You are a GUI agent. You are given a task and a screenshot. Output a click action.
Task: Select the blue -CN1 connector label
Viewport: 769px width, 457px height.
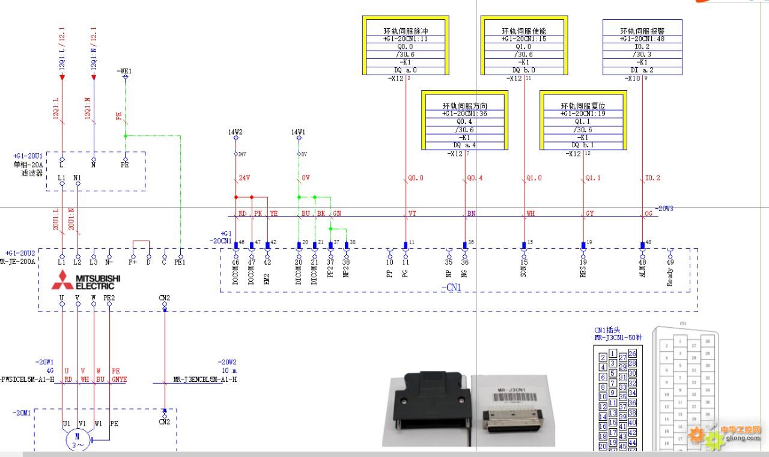tap(452, 288)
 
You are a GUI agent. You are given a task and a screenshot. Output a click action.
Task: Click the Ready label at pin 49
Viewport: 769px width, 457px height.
tap(670, 277)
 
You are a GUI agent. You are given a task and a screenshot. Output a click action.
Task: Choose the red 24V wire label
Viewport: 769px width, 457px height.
tap(245, 178)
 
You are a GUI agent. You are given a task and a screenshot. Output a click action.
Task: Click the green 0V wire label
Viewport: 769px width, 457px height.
tap(306, 178)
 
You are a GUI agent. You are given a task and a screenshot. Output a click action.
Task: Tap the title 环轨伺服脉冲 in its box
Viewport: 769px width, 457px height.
tap(406, 31)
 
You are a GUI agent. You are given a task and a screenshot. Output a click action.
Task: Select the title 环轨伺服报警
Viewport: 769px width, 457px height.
tap(642, 31)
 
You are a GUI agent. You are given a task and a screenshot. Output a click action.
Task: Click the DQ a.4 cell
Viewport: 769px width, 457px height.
tap(464, 145)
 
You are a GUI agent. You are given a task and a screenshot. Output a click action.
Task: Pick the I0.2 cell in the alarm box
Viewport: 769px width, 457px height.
tap(642, 46)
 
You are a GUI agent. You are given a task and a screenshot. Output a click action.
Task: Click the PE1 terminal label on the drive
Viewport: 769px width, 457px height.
tap(180, 262)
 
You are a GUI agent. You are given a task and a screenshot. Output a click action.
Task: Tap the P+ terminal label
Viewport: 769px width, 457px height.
tap(133, 262)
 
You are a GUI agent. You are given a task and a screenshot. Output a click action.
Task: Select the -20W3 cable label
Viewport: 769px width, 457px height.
tap(664, 209)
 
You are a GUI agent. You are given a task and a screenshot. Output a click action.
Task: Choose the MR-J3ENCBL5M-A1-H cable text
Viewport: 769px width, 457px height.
tap(205, 379)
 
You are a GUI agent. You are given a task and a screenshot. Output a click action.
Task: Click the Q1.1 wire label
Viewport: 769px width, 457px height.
tap(593, 178)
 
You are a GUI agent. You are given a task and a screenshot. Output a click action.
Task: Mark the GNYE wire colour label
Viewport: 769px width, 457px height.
tap(119, 379)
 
